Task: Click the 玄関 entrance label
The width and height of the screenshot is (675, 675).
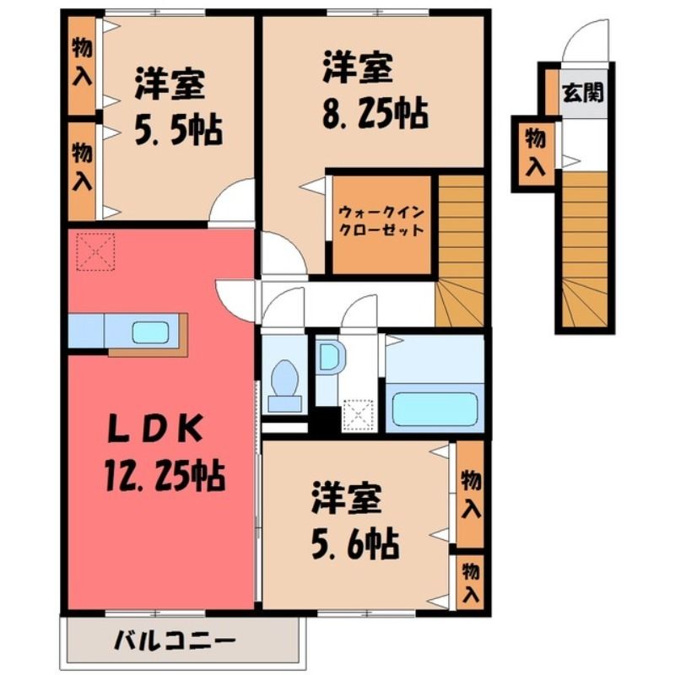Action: pyautogui.click(x=583, y=93)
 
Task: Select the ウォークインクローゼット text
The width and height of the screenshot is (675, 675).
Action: pyautogui.click(x=381, y=221)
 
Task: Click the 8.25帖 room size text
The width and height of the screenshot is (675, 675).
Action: pyautogui.click(x=375, y=114)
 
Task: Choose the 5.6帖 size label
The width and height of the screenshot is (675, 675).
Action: pyautogui.click(x=355, y=543)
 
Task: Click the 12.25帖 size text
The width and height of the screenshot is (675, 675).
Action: pyautogui.click(x=165, y=476)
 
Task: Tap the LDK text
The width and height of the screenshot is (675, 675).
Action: pyautogui.click(x=154, y=429)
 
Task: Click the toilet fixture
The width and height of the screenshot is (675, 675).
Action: pyautogui.click(x=284, y=386)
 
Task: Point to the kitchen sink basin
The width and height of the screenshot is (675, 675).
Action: pyautogui.click(x=149, y=332)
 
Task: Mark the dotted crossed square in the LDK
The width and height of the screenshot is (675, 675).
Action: pyautogui.click(x=95, y=251)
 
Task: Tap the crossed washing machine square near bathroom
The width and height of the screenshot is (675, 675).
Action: pyautogui.click(x=358, y=415)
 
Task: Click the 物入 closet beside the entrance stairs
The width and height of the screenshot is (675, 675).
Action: pyautogui.click(x=535, y=154)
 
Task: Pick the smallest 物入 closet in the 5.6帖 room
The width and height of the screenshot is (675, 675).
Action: pyautogui.click(x=470, y=582)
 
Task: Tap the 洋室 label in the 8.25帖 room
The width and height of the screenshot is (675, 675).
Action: pyautogui.click(x=358, y=67)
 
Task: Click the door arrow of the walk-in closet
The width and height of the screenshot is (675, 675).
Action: pyautogui.click(x=312, y=186)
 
